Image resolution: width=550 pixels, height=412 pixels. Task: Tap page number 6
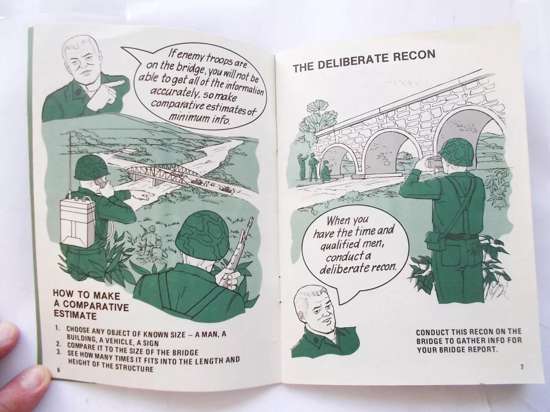[58, 370]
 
